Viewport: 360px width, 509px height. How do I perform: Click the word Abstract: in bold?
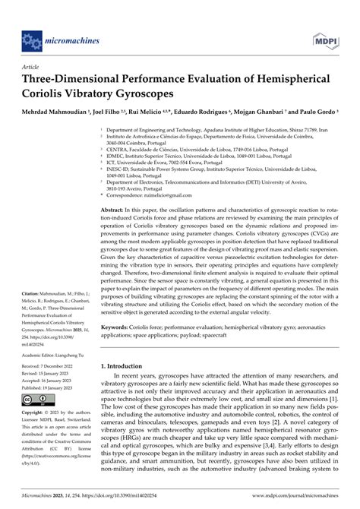pyautogui.click(x=115, y=209)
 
